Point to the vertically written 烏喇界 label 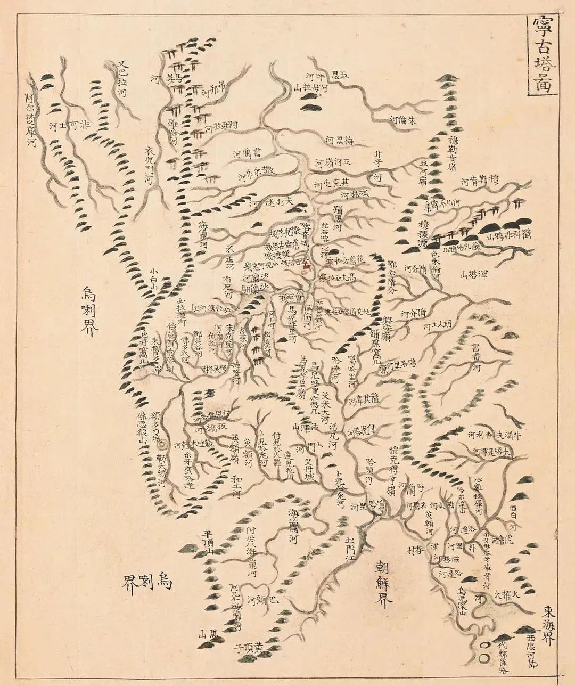click(89, 310)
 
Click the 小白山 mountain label click(154, 277)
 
